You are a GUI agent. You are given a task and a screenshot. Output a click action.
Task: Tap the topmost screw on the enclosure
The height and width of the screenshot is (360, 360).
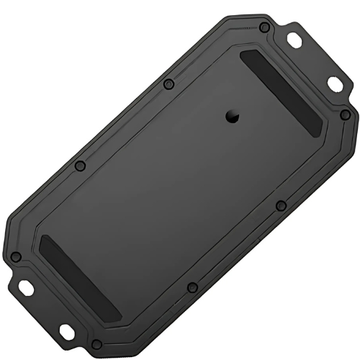264,27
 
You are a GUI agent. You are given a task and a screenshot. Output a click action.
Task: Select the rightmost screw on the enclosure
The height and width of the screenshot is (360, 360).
345,114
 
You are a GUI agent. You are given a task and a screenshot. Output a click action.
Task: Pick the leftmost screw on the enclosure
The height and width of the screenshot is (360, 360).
15,257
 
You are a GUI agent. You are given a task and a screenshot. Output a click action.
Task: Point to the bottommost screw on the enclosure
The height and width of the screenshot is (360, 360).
96,344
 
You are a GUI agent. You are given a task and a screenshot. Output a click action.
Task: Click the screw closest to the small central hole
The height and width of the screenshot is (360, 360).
168,84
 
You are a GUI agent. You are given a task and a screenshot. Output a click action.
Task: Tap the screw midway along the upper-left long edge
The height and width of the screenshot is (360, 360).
80,166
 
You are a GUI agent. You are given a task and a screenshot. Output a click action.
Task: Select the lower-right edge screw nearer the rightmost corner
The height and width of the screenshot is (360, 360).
281,206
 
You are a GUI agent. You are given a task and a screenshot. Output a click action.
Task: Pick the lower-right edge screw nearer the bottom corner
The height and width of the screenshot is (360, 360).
192,288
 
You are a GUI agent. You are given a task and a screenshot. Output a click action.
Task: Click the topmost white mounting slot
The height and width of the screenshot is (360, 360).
294,41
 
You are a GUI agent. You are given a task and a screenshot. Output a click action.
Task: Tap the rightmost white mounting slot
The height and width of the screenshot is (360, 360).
336,84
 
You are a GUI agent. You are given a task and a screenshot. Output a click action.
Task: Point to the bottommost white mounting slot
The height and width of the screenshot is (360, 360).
66,332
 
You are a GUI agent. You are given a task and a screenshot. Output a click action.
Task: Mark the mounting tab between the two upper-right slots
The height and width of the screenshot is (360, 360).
317,61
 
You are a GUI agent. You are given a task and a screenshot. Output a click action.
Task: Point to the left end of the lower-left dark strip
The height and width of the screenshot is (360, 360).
43,240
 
